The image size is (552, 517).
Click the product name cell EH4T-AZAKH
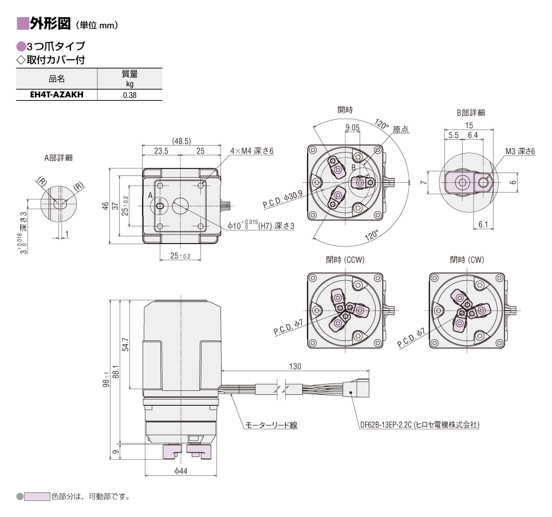click(57, 95)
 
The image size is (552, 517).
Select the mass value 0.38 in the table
click(129, 95)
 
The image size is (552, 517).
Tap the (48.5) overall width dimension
click(182, 141)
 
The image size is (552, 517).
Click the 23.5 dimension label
click(161, 151)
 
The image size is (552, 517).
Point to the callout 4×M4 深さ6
click(252, 151)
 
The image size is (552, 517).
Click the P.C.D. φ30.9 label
click(282, 199)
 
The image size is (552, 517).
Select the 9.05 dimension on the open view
click(352, 128)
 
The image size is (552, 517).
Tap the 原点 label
click(401, 130)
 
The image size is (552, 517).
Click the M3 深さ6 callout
click(521, 151)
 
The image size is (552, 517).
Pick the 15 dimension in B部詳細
click(469, 126)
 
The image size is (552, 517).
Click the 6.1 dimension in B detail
click(483, 225)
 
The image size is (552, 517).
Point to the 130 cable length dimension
click(295, 366)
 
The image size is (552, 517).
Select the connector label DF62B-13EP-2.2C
click(386, 425)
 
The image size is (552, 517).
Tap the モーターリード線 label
click(271, 425)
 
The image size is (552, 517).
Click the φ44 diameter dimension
click(181, 471)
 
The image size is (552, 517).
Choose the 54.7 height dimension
click(125, 344)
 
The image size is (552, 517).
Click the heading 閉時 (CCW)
click(345, 260)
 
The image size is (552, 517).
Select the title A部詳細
click(58, 158)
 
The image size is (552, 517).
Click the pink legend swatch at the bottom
click(37, 496)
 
